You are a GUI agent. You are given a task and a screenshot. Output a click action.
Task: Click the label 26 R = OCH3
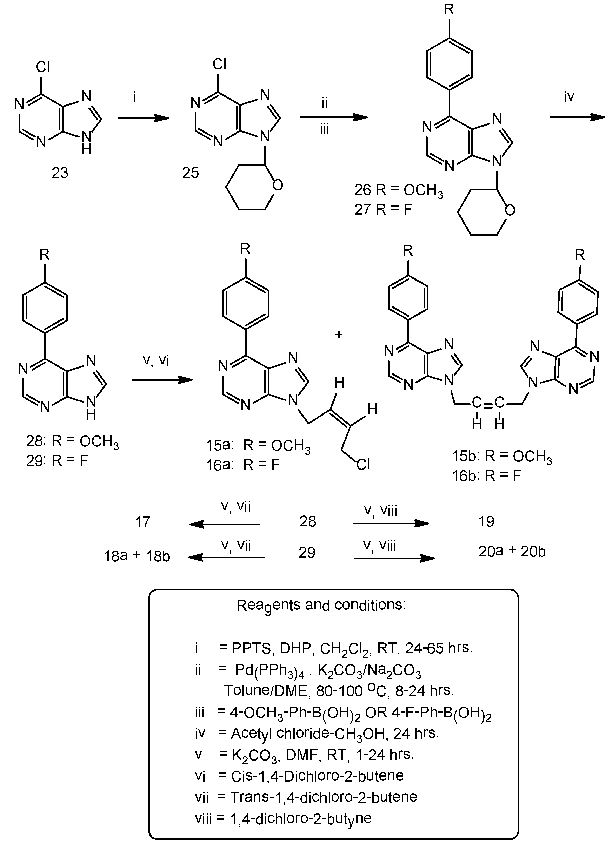398,190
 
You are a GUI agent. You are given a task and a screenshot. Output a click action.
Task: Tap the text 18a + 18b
137,556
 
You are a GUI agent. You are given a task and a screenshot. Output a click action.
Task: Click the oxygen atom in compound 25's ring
277,185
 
